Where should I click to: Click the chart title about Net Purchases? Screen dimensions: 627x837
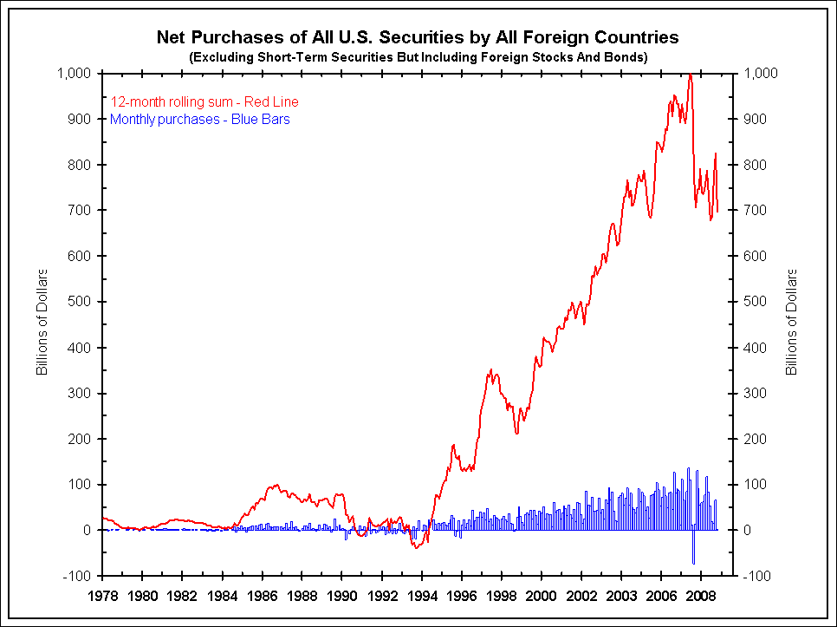pos(417,37)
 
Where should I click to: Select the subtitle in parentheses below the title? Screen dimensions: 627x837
pos(417,56)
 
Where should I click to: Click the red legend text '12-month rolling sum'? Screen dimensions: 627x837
pos(204,102)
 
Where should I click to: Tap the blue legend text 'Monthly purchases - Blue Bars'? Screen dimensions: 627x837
pos(200,119)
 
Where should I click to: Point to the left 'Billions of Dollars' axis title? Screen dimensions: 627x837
pos(41,322)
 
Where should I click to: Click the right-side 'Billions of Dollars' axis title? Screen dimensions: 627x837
pos(791,322)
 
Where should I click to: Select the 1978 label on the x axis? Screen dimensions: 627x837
pos(103,597)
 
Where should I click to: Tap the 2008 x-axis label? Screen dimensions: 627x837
pos(701,597)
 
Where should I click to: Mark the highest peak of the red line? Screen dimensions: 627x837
pos(690,75)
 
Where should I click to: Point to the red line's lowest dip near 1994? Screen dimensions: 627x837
pos(417,547)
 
